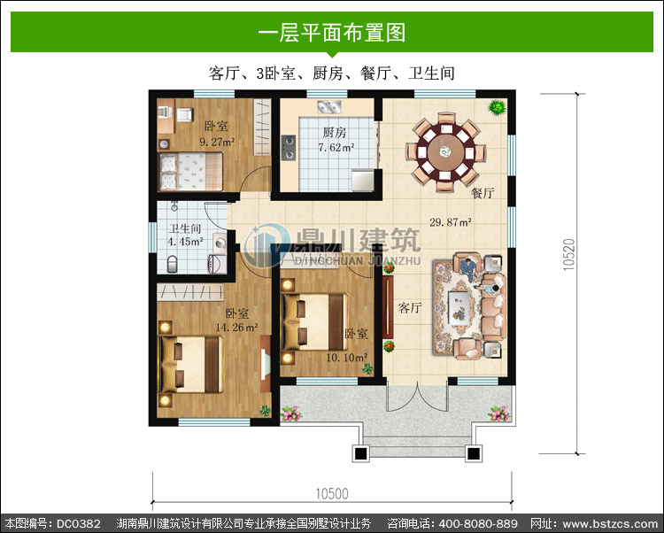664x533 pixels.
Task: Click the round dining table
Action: point(445,152)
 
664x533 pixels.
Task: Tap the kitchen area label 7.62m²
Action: point(336,147)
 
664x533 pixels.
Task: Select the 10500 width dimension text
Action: point(332,493)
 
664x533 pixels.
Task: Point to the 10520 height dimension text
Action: point(569,254)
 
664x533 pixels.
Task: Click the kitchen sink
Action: point(329,107)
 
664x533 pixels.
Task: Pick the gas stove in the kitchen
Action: point(289,147)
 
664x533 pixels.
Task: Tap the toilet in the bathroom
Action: point(173,264)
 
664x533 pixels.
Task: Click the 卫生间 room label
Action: point(185,228)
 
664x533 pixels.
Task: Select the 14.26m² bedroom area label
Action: point(236,328)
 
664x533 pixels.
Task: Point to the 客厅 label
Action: point(410,308)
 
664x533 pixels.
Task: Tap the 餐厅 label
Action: point(483,193)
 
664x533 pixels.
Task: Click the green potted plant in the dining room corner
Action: point(497,107)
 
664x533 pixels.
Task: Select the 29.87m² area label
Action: point(451,222)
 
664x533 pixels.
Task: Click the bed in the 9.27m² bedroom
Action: point(190,172)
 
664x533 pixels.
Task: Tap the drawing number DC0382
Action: point(79,523)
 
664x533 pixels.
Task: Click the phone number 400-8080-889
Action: point(478,523)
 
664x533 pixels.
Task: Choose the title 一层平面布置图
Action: point(332,33)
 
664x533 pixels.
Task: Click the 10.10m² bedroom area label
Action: point(346,358)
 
